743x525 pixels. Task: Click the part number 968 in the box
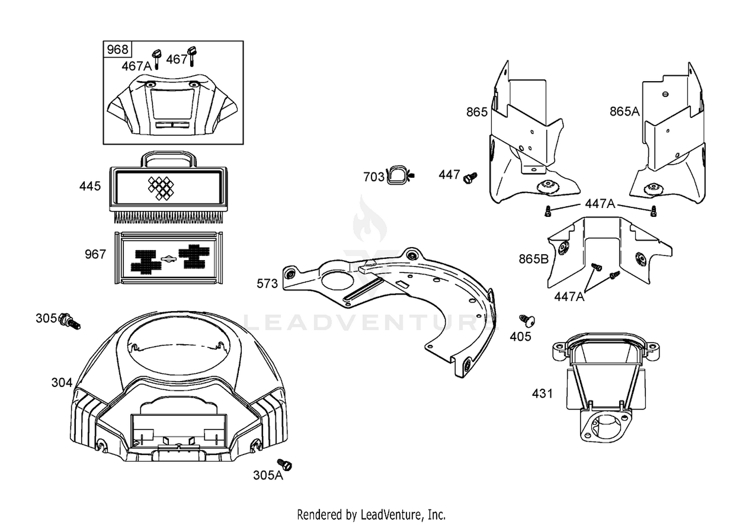click(x=117, y=50)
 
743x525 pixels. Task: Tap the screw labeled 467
click(x=192, y=55)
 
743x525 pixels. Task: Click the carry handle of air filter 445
click(x=168, y=158)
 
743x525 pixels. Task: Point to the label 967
click(x=95, y=255)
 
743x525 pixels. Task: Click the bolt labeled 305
click(x=70, y=321)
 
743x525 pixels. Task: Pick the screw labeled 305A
click(x=284, y=464)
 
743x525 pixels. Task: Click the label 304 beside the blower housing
click(x=62, y=383)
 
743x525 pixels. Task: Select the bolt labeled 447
click(x=470, y=178)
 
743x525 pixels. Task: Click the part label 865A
click(x=625, y=111)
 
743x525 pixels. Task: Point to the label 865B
click(x=533, y=259)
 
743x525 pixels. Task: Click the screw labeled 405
click(x=527, y=320)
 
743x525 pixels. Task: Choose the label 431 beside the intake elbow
click(x=542, y=394)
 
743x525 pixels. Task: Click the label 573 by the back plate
click(x=267, y=284)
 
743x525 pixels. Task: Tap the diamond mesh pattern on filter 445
click(x=161, y=188)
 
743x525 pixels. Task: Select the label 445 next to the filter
click(x=90, y=186)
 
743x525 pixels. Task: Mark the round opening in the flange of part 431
click(x=606, y=426)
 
